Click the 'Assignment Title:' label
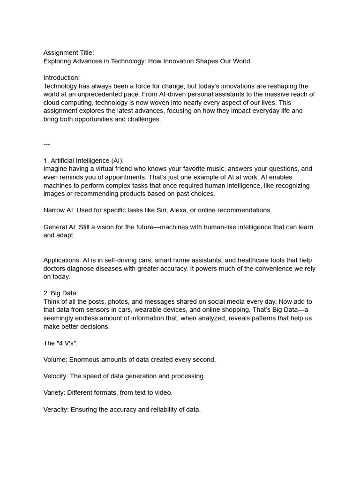[x=68, y=53]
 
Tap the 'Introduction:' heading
[x=61, y=78]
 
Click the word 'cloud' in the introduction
[x=52, y=103]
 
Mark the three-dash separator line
[x=47, y=144]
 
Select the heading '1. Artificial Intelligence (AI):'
[x=83, y=161]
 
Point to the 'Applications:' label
[x=62, y=260]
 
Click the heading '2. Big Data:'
[x=61, y=293]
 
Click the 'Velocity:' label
[x=56, y=376]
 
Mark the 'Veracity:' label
[x=56, y=409]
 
